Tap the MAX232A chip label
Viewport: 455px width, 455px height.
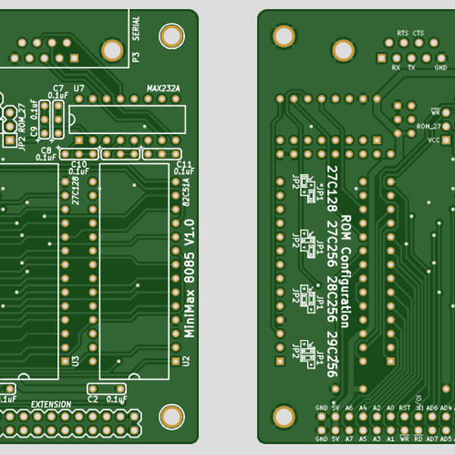164,89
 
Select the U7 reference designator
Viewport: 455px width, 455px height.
79,89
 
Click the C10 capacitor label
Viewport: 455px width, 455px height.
78,164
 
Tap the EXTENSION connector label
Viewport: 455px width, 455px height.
51,405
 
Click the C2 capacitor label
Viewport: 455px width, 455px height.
93,398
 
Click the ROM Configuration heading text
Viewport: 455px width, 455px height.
346,270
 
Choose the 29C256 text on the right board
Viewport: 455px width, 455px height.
331,353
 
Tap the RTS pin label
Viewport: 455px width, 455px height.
402,33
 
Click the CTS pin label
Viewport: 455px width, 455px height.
419,33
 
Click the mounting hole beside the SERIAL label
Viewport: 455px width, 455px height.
112,50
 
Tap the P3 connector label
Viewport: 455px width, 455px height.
136,56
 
